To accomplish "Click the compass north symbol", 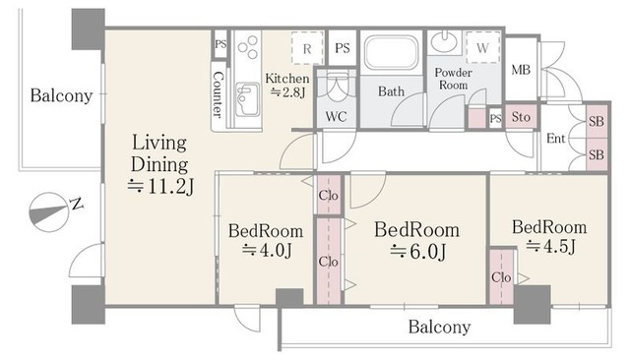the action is coord(48,211).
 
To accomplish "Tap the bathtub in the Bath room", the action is coord(392,52).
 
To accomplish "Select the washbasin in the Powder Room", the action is coord(444,42).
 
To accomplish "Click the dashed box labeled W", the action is coord(482,47).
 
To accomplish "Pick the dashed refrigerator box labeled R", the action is coord(307,48).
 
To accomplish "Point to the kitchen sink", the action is coord(247,99).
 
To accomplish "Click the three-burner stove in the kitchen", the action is coord(247,47).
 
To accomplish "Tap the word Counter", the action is coord(218,94).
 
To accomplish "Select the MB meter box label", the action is coord(521,70).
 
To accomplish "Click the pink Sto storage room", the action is coord(521,117).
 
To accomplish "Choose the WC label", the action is coord(336,116).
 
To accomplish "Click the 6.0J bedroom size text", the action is coord(417,252).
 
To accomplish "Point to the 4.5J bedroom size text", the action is coord(551,247).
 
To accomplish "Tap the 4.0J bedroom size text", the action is coord(267,251).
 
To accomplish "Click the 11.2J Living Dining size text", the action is coord(160,186).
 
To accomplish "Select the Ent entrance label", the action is coord(555,139).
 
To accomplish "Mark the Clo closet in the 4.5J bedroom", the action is coord(501,277).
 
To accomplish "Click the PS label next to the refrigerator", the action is coord(343,48).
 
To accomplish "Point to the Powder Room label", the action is coord(453,79).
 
